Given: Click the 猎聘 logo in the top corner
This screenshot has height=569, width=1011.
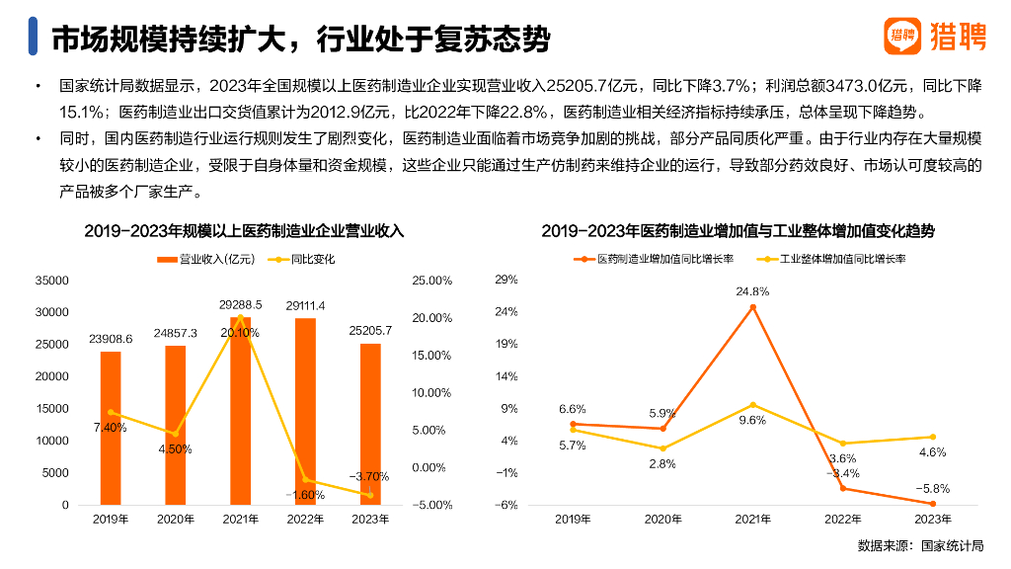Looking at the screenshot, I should click(x=933, y=37).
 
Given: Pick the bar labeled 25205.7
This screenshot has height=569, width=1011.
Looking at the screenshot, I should click(x=370, y=424).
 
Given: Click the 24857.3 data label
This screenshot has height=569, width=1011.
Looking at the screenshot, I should click(x=176, y=333).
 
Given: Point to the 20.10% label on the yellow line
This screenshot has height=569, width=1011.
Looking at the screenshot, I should click(x=240, y=333).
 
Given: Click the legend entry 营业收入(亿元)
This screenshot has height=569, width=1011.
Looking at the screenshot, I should click(x=206, y=259).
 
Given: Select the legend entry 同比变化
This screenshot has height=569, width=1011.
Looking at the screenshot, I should click(x=307, y=259).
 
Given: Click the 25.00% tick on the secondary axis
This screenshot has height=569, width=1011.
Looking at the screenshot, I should click(x=431, y=281).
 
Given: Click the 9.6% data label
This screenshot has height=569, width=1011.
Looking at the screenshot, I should click(x=752, y=420).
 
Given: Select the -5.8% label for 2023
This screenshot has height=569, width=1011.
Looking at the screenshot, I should click(x=932, y=488).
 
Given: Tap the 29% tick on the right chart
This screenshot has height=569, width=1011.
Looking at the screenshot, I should click(x=505, y=281).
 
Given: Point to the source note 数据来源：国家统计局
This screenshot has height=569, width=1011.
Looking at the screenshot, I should click(x=920, y=545).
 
